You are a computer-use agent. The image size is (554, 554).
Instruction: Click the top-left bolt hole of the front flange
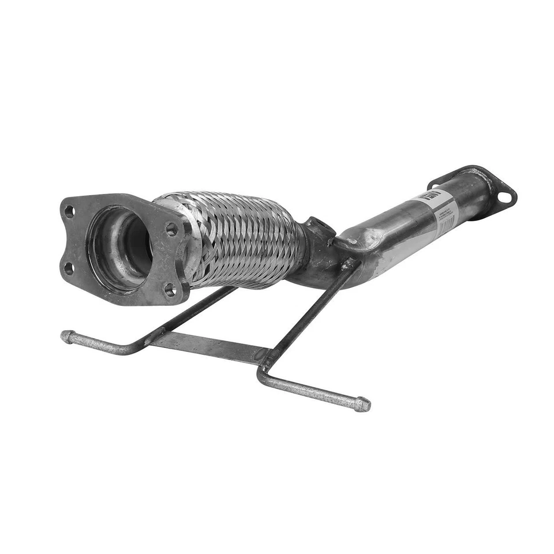click(69, 211)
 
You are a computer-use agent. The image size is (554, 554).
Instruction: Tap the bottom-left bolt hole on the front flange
click(69, 268)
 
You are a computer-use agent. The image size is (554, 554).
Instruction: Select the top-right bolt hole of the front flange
click(171, 229)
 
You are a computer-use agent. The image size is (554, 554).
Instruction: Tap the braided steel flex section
click(242, 239)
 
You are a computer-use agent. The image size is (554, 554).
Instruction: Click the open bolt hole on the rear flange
click(504, 197)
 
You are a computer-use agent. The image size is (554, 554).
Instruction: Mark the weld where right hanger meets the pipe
click(349, 265)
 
